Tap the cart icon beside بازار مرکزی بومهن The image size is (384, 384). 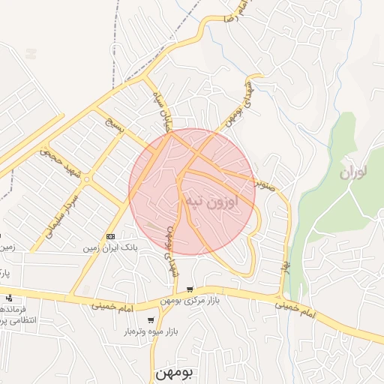coord(190,289)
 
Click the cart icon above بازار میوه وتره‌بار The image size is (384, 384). coord(151,320)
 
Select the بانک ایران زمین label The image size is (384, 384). coord(112,247)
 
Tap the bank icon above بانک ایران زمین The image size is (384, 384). coord(112,236)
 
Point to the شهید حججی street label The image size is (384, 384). coord(59,159)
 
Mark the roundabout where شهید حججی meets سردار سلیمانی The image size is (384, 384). coord(87,180)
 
